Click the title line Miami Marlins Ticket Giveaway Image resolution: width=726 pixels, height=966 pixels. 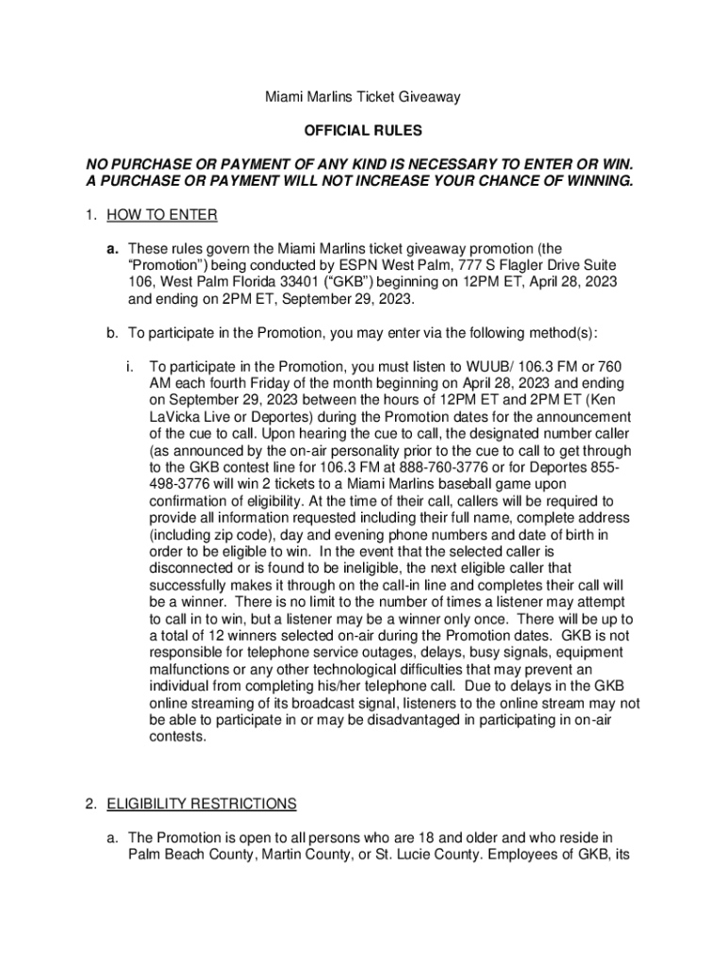click(362, 97)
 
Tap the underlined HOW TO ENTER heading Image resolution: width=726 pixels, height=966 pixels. click(162, 216)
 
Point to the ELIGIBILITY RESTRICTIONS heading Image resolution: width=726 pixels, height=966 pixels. click(202, 805)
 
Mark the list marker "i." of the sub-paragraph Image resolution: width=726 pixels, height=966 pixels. click(129, 367)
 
